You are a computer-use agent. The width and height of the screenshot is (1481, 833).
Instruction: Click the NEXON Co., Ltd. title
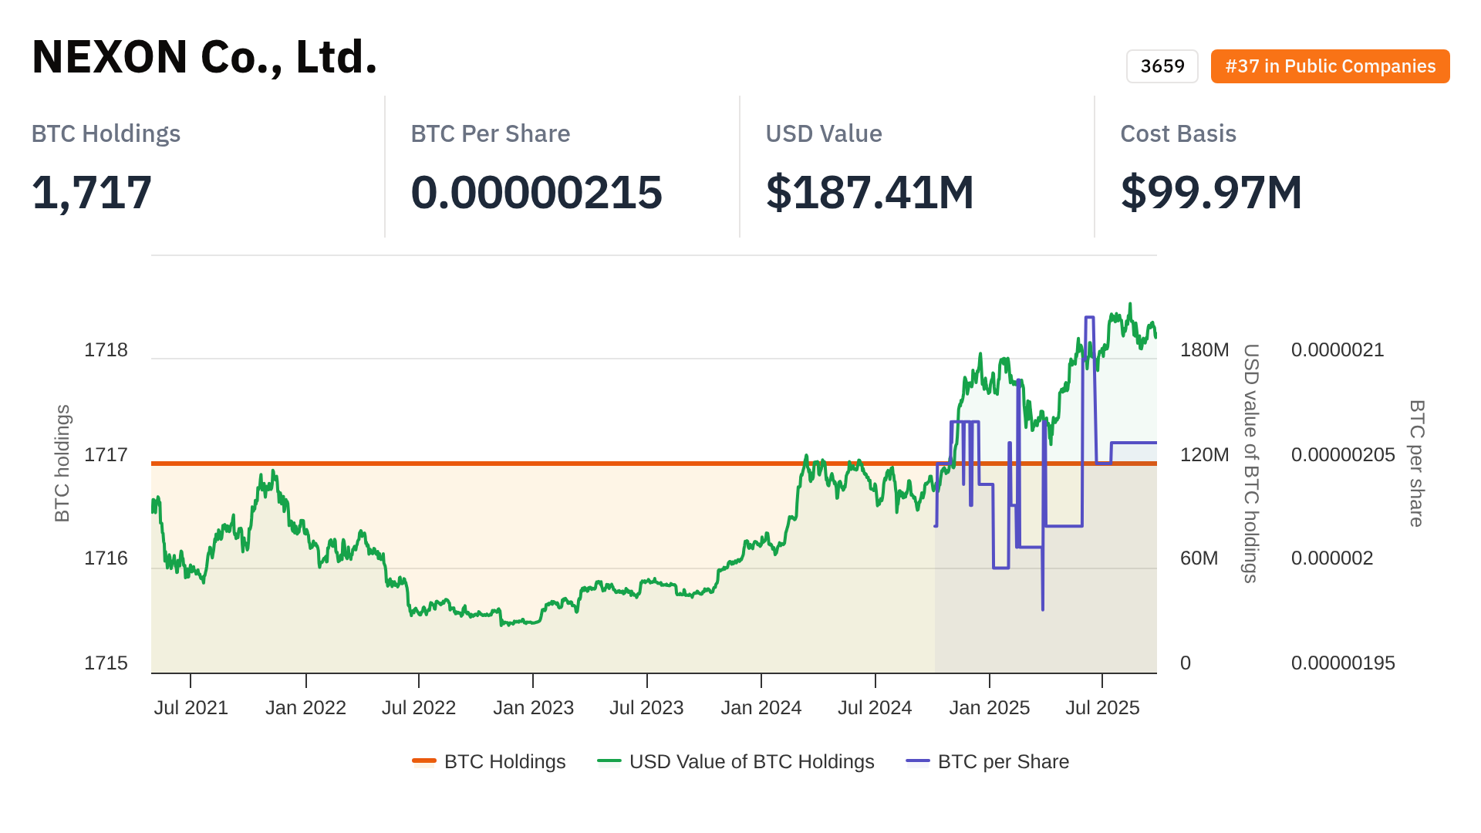pyautogui.click(x=204, y=57)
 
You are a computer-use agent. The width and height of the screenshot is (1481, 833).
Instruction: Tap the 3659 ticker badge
pyautogui.click(x=1162, y=66)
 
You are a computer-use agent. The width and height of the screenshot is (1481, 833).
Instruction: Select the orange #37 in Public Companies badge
pyautogui.click(x=1330, y=66)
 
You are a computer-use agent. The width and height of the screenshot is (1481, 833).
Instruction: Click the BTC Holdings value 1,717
pyautogui.click(x=92, y=192)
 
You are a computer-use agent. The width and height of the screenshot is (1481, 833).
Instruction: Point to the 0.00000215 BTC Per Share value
pyautogui.click(x=536, y=192)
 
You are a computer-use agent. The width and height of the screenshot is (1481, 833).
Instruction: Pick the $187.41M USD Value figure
pyautogui.click(x=869, y=192)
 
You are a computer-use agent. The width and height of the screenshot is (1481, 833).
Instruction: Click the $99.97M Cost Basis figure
pyautogui.click(x=1211, y=192)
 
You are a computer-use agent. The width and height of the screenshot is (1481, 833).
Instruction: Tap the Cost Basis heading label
pyautogui.click(x=1178, y=133)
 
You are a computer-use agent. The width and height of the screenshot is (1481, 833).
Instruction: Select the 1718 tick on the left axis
pyautogui.click(x=106, y=350)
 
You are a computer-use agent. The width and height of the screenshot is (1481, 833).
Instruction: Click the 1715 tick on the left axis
pyautogui.click(x=106, y=663)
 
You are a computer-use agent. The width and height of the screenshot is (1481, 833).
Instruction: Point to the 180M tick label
pyautogui.click(x=1204, y=350)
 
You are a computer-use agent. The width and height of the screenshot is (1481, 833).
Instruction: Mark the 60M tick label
pyautogui.click(x=1199, y=558)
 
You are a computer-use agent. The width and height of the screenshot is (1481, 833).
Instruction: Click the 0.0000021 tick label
pyautogui.click(x=1338, y=350)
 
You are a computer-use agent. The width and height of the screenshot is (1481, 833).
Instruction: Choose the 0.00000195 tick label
pyautogui.click(x=1343, y=663)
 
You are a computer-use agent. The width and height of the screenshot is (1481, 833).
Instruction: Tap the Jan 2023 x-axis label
pyautogui.click(x=533, y=708)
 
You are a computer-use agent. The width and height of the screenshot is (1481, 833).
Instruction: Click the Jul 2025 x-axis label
pyautogui.click(x=1102, y=708)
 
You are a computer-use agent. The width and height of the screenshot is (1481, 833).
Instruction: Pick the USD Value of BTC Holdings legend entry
pyautogui.click(x=736, y=762)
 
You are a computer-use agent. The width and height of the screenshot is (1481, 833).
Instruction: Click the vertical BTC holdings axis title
pyautogui.click(x=62, y=463)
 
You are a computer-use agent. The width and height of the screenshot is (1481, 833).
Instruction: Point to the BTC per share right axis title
pyautogui.click(x=1416, y=463)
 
